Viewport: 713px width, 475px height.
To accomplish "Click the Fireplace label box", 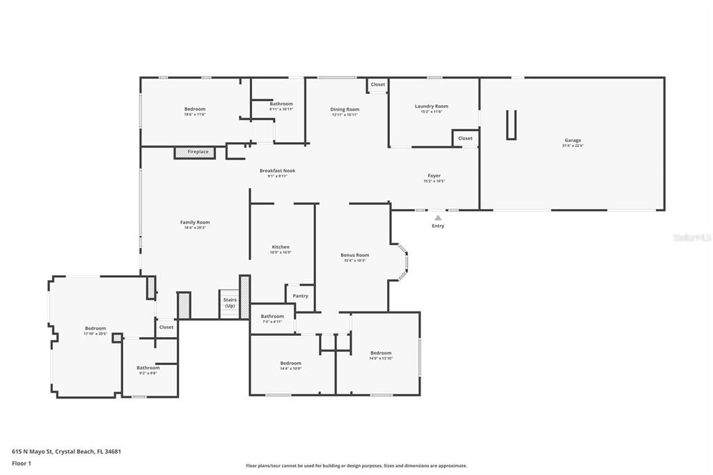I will click(x=198, y=152).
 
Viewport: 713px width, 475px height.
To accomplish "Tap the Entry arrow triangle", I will click(x=438, y=217).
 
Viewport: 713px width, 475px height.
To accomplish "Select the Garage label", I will click(x=572, y=140).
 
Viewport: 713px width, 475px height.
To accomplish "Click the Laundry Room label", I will click(x=432, y=107).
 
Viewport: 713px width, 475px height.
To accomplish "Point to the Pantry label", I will click(x=300, y=296).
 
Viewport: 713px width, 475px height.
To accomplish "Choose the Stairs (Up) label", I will click(x=230, y=303).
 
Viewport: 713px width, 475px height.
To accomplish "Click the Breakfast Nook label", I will click(x=277, y=171).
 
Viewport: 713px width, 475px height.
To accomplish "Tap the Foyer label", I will click(x=434, y=176).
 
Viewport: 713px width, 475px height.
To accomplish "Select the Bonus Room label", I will click(x=354, y=255).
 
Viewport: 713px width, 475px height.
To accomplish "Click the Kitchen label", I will click(x=281, y=247).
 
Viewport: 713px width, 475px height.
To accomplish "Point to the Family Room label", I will click(x=195, y=222).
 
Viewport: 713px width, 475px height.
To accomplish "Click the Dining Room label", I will click(x=345, y=109).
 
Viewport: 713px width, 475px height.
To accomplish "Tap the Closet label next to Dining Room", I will click(x=377, y=84).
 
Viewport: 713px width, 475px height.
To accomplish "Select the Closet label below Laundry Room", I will click(x=465, y=138).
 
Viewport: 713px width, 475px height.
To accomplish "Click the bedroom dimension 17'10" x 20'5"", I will click(x=95, y=334).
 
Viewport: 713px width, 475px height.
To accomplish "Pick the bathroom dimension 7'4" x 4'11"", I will click(x=272, y=322).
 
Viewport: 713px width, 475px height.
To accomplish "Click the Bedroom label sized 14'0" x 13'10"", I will click(x=381, y=352).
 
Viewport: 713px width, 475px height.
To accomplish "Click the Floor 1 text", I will click(x=22, y=463).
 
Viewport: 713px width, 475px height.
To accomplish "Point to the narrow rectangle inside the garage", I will click(x=512, y=125).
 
